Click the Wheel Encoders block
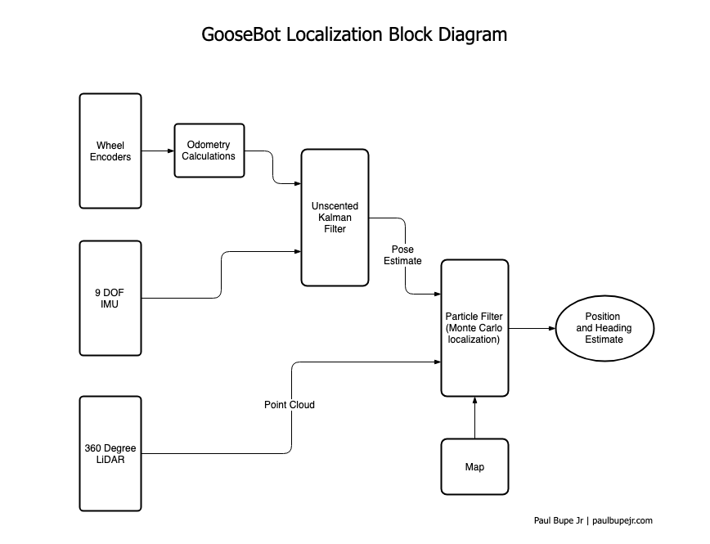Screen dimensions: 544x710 coord(110,151)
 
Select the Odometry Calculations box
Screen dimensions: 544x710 coord(210,151)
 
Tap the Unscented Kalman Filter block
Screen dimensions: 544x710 coord(335,217)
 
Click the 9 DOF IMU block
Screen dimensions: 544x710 coord(110,298)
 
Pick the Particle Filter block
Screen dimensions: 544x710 coord(474,327)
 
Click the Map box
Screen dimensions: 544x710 coord(474,467)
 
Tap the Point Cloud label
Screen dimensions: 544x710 coord(289,405)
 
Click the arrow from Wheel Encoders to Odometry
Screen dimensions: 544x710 coord(158,151)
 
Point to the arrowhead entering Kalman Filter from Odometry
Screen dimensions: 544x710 coord(297,183)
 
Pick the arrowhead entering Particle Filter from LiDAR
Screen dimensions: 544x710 coord(437,361)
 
